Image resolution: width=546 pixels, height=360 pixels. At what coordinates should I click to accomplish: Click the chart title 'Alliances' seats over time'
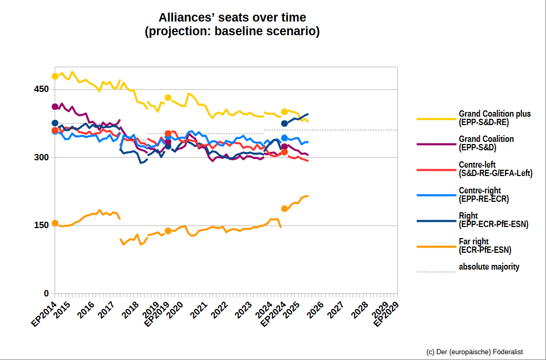point(232,18)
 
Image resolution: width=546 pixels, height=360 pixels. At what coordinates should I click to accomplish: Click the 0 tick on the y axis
point(46,293)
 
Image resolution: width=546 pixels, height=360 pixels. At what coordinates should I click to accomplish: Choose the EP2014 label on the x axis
point(44,315)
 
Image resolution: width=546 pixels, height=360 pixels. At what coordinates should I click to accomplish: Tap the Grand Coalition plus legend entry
point(495,118)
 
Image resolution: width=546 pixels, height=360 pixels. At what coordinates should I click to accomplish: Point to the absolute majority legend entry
point(489,267)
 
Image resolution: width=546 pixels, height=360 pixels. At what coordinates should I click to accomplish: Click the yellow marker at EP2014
point(55,76)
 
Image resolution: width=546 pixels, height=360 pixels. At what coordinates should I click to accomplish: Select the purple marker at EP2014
point(55,107)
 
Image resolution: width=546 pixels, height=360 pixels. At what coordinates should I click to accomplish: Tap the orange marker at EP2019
point(168,231)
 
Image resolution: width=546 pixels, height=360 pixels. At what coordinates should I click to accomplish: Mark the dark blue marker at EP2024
point(284,124)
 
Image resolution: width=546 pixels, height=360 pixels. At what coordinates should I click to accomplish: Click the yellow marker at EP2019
point(168,97)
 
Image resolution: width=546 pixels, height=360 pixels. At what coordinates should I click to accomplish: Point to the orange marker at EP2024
point(284,209)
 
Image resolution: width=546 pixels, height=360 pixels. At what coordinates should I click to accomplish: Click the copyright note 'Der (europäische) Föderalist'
point(475,352)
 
